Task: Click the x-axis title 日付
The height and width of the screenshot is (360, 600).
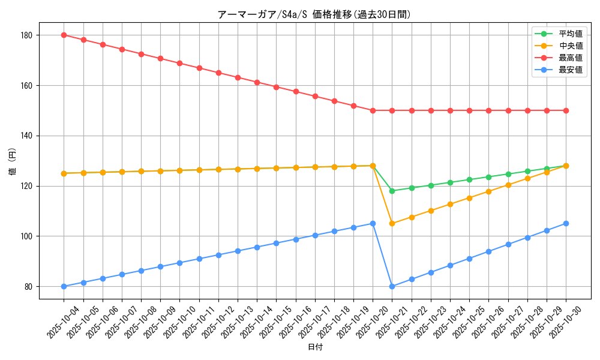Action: tap(314, 347)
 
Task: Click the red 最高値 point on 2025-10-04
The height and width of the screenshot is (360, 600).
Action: tap(64, 35)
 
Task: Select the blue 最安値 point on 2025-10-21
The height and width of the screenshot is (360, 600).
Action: tap(392, 286)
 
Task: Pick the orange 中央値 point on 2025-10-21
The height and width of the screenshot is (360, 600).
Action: tap(392, 223)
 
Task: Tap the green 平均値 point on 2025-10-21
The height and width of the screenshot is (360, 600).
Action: tap(392, 191)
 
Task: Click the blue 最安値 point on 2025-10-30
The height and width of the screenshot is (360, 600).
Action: tap(566, 223)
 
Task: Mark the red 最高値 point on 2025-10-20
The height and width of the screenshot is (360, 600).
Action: tap(373, 110)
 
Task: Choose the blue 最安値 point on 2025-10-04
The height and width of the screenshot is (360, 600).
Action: tap(64, 286)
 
